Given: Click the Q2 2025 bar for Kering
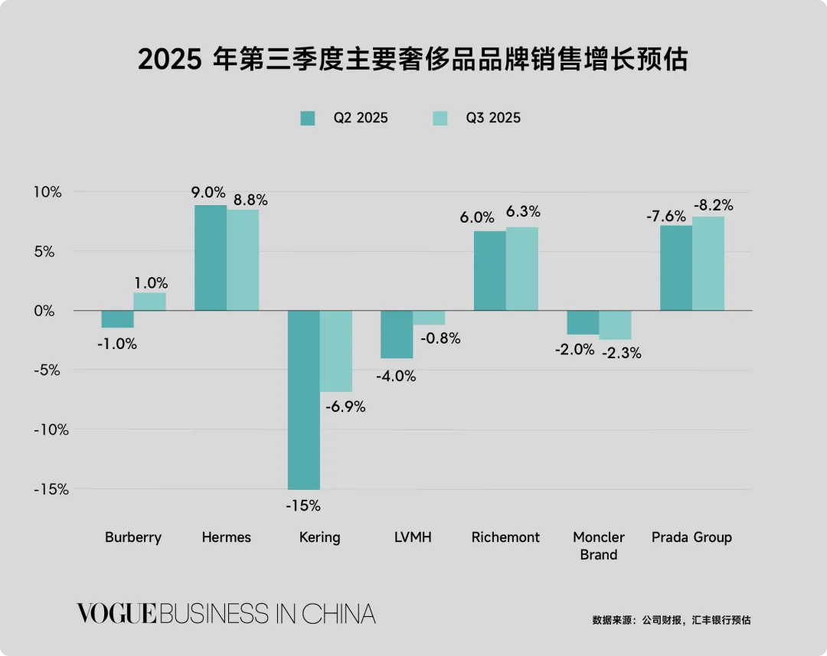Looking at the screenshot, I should (303, 400).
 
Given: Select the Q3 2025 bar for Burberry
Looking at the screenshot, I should (149, 302).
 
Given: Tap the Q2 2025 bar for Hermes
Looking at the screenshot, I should (211, 258).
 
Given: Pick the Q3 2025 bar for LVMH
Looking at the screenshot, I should (429, 318).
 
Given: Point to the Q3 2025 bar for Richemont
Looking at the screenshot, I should (522, 269).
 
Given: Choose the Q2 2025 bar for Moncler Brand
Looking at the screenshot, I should (583, 322).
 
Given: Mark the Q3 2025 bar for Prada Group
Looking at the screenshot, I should (708, 263).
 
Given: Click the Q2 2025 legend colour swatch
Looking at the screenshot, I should (308, 118).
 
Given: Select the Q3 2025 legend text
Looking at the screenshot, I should (493, 118).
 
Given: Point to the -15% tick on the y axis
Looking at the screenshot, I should (50, 489).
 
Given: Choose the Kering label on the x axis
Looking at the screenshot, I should (319, 537).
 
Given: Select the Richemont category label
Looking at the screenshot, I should (505, 537).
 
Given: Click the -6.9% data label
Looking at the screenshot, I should (345, 407).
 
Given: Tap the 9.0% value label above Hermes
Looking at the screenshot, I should (208, 192).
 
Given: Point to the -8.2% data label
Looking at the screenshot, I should (713, 205).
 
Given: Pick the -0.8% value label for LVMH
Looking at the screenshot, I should (440, 338).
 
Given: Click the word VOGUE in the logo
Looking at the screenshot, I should (116, 614).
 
